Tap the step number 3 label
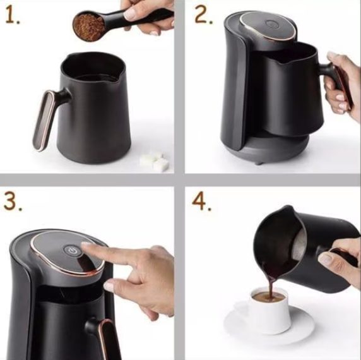pyautogui.click(x=12, y=201)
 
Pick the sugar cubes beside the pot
pyautogui.click(x=155, y=162)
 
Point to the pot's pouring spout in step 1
pyautogui.click(x=115, y=78)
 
